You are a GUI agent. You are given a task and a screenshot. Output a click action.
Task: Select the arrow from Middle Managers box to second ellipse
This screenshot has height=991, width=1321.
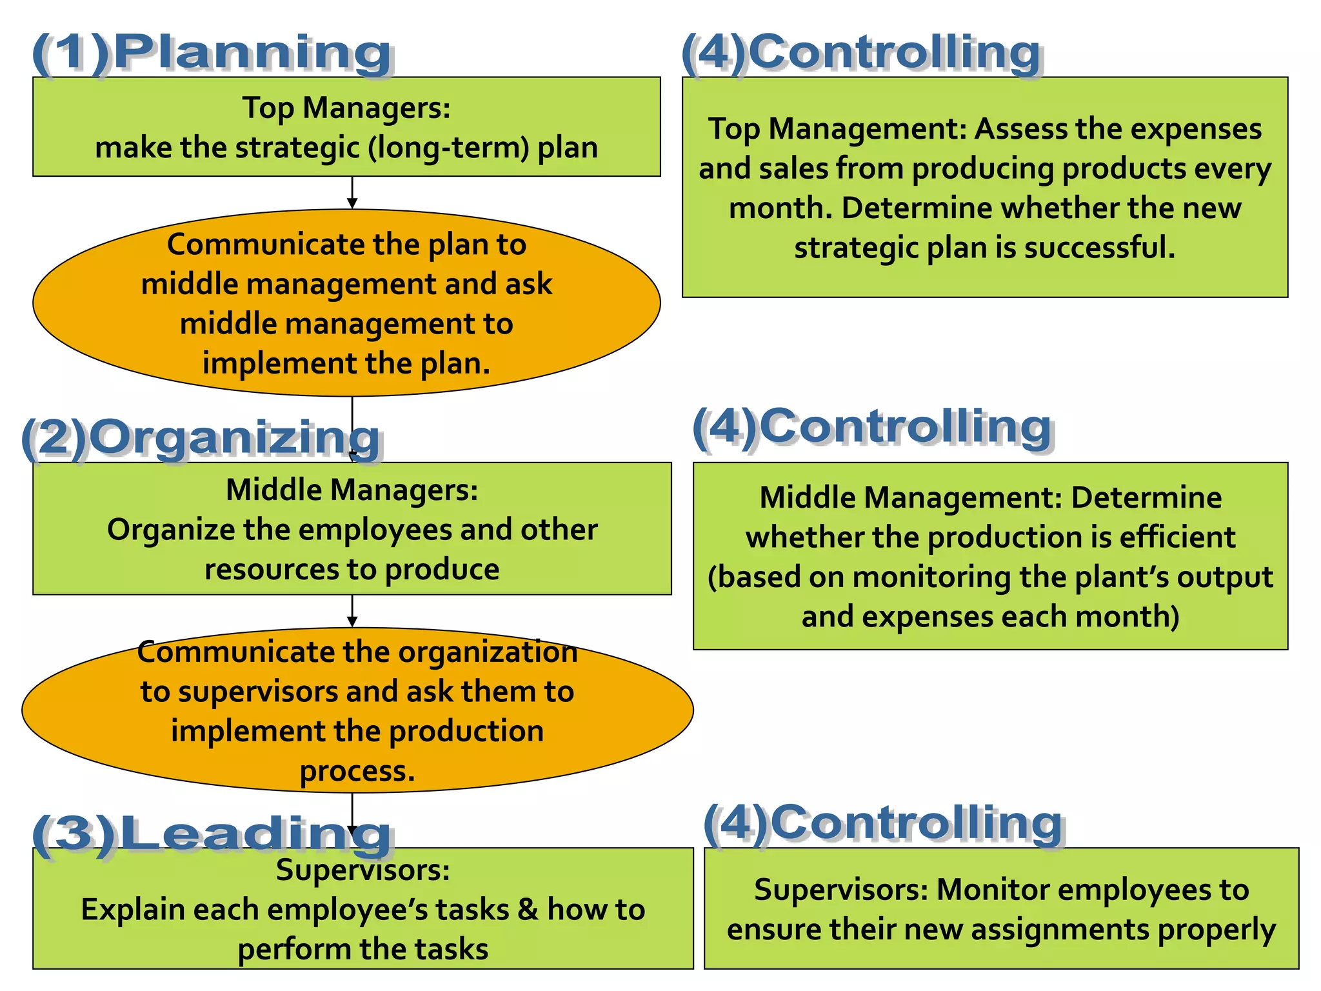pyautogui.click(x=352, y=610)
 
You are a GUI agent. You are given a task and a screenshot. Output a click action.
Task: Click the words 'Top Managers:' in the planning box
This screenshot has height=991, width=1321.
pyautogui.click(x=346, y=108)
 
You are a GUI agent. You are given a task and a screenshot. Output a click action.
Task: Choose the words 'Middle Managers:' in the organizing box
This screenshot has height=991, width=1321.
pyautogui.click(x=352, y=490)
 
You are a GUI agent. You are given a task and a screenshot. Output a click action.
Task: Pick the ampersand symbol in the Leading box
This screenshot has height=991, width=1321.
pyautogui.click(x=528, y=910)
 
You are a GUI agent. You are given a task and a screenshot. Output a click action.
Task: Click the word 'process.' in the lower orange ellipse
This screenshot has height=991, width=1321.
pyautogui.click(x=357, y=771)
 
